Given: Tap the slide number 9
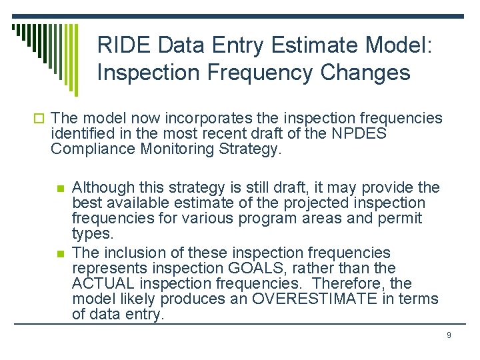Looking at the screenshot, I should pyautogui.click(x=449, y=335).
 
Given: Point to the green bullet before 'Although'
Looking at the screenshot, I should pyautogui.click(x=61, y=188).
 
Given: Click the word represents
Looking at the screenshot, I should pyautogui.click(x=111, y=269).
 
